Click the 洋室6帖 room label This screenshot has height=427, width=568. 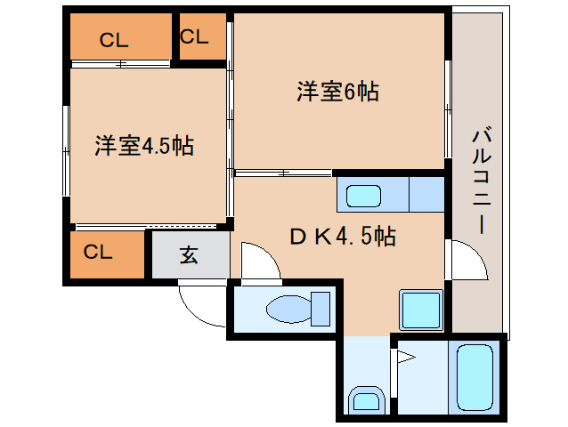[338, 91]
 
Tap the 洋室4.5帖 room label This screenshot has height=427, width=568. [145, 146]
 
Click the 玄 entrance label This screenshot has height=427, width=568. [190, 254]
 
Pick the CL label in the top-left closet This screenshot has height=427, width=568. [113, 39]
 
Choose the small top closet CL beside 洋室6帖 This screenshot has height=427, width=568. [194, 36]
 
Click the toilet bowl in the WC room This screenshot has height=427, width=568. [288, 309]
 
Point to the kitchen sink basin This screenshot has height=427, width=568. [363, 195]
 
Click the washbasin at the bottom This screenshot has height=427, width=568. [364, 401]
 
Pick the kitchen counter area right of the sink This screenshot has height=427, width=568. [426, 194]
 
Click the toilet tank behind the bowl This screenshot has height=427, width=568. [321, 309]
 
